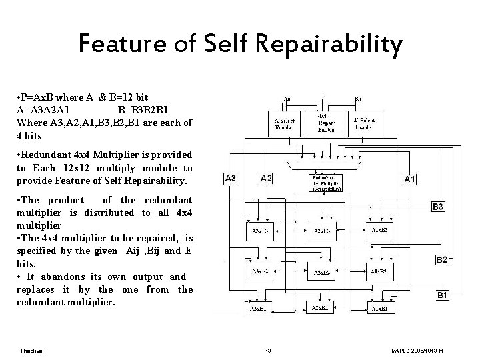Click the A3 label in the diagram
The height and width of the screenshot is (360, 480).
point(230,179)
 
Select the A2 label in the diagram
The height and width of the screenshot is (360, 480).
point(266,179)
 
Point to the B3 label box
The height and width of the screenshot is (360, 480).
point(438,207)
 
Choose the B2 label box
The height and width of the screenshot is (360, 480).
point(441,260)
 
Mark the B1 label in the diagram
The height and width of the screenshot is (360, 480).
point(442,295)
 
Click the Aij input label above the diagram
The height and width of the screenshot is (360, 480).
point(287,98)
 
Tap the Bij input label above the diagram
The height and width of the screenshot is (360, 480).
point(358,98)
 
